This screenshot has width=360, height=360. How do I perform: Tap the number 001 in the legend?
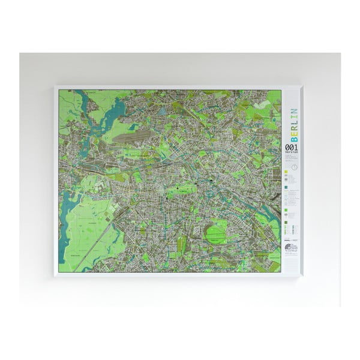[290, 147]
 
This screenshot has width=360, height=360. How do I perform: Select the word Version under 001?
[290, 153]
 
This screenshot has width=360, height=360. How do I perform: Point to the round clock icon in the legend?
[295, 166]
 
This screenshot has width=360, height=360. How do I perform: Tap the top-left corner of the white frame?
[55, 86]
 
